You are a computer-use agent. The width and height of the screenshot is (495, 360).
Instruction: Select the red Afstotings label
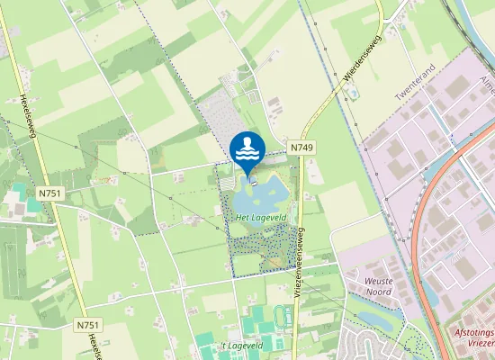pos(470,332)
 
